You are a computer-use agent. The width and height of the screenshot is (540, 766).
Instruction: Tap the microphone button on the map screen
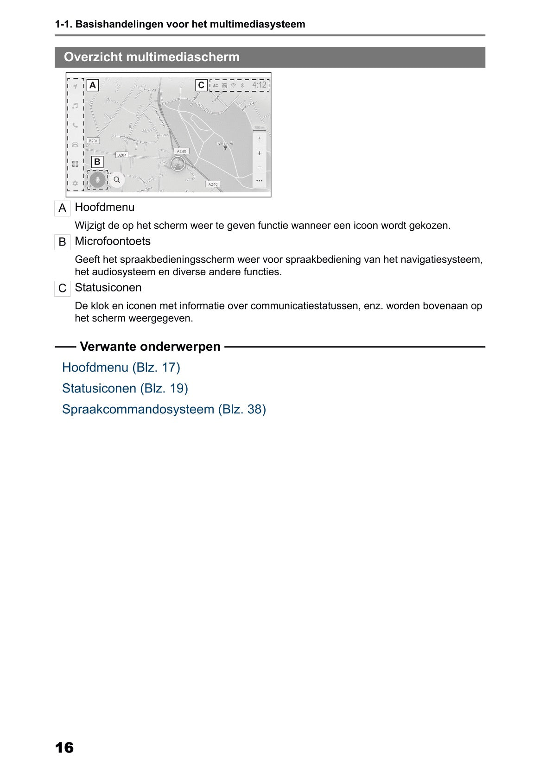[97, 179]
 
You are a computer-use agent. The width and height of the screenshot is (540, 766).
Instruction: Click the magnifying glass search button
[117, 179]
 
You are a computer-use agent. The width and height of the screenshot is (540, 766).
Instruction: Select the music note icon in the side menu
[75, 106]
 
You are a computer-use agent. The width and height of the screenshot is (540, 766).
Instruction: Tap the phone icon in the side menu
[75, 125]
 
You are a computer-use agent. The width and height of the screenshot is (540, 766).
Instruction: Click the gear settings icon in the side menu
[75, 183]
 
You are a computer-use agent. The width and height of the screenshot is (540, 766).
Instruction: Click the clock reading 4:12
[259, 85]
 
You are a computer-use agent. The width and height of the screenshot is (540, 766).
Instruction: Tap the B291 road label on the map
[93, 141]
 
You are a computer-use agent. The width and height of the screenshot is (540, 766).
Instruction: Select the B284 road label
[121, 155]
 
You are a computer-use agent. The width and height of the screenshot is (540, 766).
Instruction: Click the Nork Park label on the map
[225, 144]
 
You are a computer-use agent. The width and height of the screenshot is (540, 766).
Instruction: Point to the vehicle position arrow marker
[178, 164]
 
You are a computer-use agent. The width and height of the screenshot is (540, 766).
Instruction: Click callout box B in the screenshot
[97, 162]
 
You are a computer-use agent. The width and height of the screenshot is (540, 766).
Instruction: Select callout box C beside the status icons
[201, 85]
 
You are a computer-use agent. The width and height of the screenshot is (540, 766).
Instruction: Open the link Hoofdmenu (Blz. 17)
[121, 367]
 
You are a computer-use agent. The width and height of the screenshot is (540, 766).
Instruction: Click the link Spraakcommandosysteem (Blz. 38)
[164, 410]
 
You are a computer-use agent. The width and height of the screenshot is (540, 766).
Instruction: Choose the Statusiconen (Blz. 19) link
[125, 388]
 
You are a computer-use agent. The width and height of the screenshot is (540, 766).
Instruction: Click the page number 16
[64, 747]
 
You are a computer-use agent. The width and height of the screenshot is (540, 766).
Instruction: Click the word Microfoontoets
[113, 241]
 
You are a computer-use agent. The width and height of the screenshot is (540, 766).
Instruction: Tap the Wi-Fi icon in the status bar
[233, 85]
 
